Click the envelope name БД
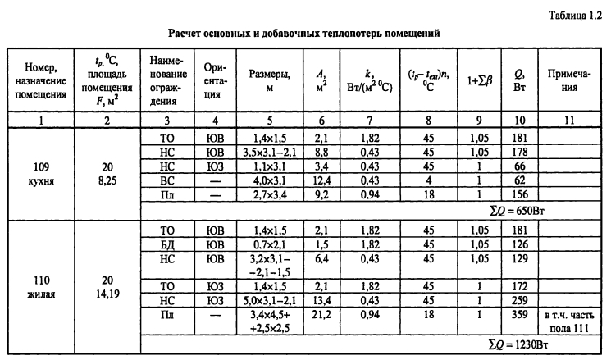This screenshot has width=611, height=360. click(170, 242)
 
